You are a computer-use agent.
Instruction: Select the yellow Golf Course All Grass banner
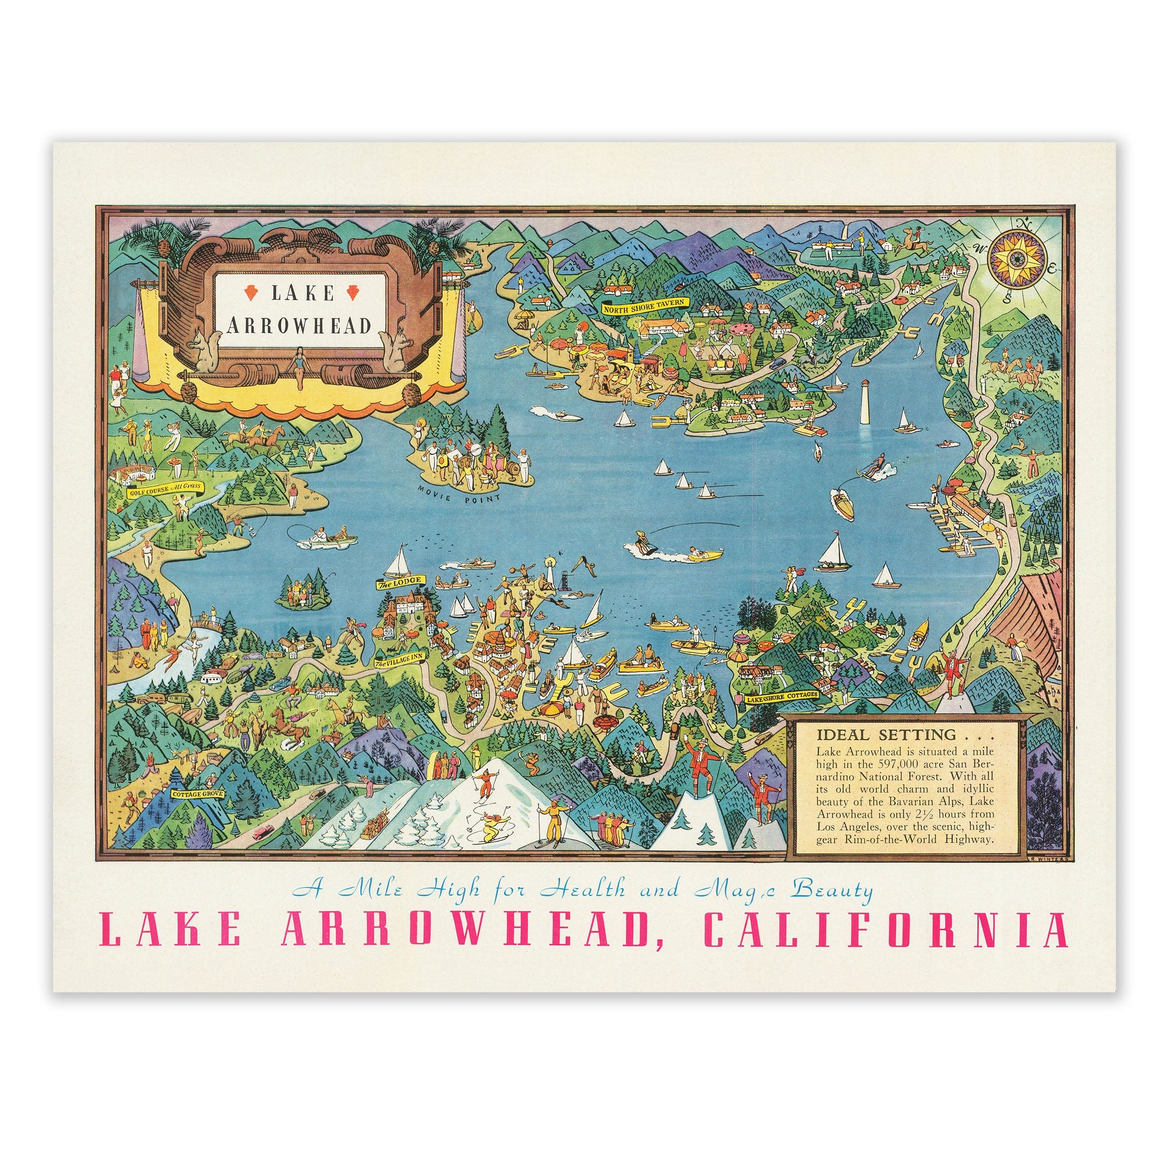pyautogui.click(x=165, y=489)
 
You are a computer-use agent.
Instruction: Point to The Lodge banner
pyautogui.click(x=400, y=583)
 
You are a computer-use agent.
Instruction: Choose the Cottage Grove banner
pyautogui.click(x=197, y=793)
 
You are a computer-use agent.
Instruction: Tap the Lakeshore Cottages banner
pyautogui.click(x=782, y=696)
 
